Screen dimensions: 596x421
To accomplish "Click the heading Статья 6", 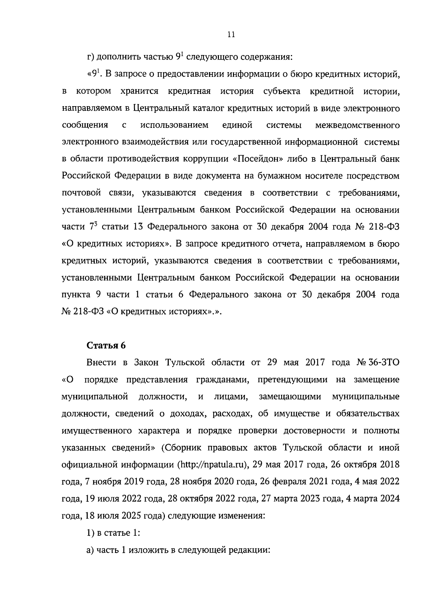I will [106, 345].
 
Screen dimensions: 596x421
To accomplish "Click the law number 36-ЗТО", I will [384, 362].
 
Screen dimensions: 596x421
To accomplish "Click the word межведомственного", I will [357, 125].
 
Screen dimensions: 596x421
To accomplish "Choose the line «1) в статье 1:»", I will [113, 533].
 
